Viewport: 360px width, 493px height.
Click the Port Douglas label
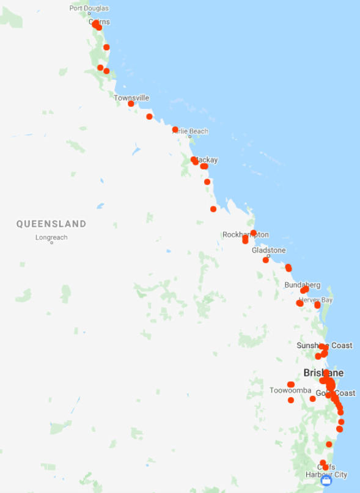[89, 8]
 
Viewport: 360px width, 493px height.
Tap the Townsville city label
[131, 98]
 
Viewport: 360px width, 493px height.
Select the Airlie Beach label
[191, 131]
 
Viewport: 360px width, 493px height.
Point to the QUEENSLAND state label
[51, 224]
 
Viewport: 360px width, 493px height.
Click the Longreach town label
[51, 238]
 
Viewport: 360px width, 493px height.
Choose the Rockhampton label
[245, 235]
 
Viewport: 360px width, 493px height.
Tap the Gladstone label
[268, 250]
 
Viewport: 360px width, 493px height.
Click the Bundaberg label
[302, 285]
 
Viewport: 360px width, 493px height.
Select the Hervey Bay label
[316, 300]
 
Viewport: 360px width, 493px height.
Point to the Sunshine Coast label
[325, 346]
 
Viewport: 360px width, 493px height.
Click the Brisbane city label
[323, 373]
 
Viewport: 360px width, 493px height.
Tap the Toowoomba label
[290, 390]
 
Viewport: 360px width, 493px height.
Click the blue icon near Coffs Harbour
[326, 481]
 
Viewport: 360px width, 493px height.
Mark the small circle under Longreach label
[51, 243]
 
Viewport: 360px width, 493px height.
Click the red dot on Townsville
[131, 104]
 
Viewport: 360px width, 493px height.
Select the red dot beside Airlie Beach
[175, 130]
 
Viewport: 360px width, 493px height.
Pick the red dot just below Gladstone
[266, 260]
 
